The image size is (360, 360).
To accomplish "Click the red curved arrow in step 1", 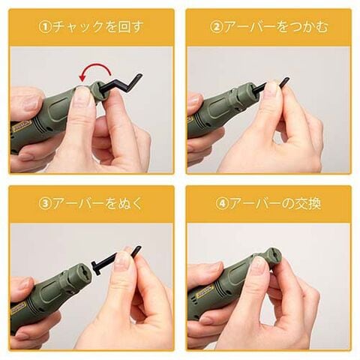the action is (95, 66).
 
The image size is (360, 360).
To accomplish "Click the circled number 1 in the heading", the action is (45, 27).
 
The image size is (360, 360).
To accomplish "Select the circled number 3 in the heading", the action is (45, 204).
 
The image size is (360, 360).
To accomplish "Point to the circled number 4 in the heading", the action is (221, 204).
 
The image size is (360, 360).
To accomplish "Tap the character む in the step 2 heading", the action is (321, 27).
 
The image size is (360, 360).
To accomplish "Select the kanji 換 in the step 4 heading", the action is (313, 204).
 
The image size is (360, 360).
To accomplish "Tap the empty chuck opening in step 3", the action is (82, 271).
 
